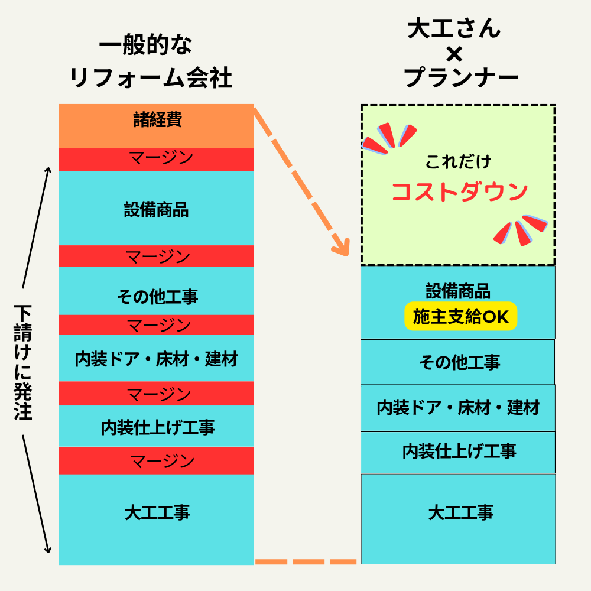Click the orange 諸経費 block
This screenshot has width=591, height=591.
[x=156, y=126]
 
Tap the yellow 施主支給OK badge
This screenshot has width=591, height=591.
[x=460, y=316]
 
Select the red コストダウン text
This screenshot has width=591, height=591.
[x=459, y=192]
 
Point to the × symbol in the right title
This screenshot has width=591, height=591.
[x=454, y=54]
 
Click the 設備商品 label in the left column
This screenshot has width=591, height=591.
[x=156, y=210]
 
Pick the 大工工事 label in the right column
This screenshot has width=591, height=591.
[x=460, y=513]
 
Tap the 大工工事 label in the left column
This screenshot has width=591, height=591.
[x=157, y=513]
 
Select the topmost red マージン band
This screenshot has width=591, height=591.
[x=156, y=160]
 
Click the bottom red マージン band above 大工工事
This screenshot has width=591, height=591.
[x=156, y=460]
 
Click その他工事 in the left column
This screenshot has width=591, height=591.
[x=157, y=297]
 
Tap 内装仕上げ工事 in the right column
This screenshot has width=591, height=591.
[x=459, y=451]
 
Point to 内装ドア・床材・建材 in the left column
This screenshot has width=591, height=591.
[x=156, y=359]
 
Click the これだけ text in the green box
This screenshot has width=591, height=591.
[x=459, y=162]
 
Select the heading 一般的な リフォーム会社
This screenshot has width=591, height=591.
[x=150, y=61]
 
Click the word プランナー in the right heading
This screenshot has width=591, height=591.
[x=462, y=77]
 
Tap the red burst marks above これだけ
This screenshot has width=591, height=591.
[x=389, y=138]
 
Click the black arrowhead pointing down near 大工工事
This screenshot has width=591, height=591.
[x=47, y=550]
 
